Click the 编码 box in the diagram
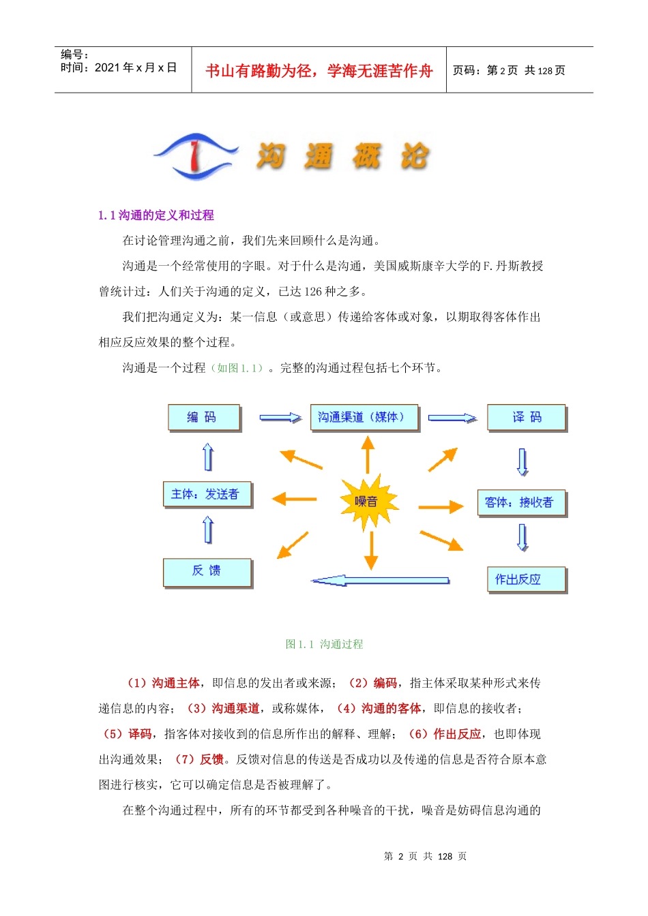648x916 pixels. (x=204, y=417)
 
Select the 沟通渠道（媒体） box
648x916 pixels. (x=364, y=417)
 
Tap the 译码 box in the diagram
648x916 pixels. (x=527, y=417)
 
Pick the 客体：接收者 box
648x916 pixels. (x=522, y=503)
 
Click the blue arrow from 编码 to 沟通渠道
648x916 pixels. (x=280, y=417)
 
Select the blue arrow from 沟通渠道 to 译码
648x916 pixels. (x=452, y=418)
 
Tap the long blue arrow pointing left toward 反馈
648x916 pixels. (x=380, y=581)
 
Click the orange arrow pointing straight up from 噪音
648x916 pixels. (x=368, y=454)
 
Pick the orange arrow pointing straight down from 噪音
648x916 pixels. (x=371, y=549)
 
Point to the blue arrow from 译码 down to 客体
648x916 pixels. (x=522, y=461)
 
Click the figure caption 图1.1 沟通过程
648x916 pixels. (x=324, y=644)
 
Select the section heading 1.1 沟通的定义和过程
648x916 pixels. (x=156, y=215)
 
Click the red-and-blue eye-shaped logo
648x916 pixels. (x=196, y=156)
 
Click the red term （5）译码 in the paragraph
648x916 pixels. (x=128, y=734)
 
